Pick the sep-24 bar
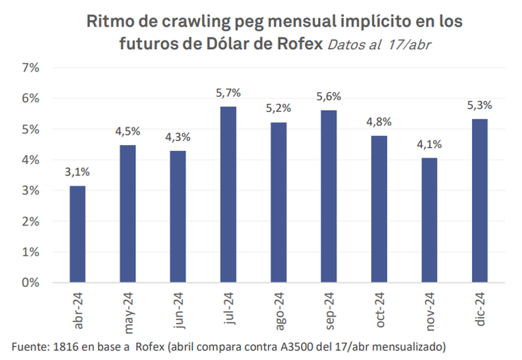[328, 196]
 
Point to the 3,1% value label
[77, 172]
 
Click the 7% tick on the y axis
[31, 68]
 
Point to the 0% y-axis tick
[31, 283]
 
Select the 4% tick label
[31, 160]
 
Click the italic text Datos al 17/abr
[380, 44]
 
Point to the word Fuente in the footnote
[31, 347]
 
